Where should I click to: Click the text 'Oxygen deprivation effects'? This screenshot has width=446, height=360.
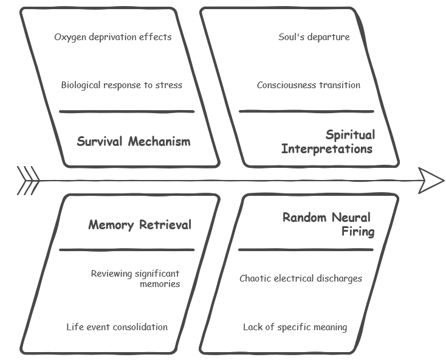pyautogui.click(x=113, y=37)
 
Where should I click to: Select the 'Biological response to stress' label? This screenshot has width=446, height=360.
pyautogui.click(x=122, y=85)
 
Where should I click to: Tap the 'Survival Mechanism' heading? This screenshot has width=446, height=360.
pyautogui.click(x=134, y=142)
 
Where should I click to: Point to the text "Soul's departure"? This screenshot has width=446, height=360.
pyautogui.click(x=314, y=37)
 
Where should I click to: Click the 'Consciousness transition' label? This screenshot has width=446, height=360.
pyautogui.click(x=309, y=85)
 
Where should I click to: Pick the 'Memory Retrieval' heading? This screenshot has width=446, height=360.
pyautogui.click(x=140, y=225)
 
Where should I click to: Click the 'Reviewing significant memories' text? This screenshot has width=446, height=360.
pyautogui.click(x=136, y=279)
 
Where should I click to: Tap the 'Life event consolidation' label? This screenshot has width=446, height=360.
pyautogui.click(x=117, y=327)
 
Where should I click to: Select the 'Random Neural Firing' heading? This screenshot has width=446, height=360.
pyautogui.click(x=328, y=224)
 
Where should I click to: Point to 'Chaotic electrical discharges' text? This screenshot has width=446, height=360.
pyautogui.click(x=301, y=279)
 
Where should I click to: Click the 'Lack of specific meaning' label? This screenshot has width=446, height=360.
pyautogui.click(x=295, y=327)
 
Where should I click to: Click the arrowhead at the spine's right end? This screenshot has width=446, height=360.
pyautogui.click(x=431, y=180)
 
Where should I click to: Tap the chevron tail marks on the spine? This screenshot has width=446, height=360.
pyautogui.click(x=28, y=181)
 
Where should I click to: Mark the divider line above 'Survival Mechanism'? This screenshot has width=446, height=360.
pyautogui.click(x=126, y=112)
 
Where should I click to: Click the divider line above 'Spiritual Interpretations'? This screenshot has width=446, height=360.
pyautogui.click(x=306, y=112)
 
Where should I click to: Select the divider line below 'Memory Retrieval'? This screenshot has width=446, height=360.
pyautogui.click(x=126, y=250)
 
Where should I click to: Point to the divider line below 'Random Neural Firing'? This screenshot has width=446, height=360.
pyautogui.click(x=306, y=250)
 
